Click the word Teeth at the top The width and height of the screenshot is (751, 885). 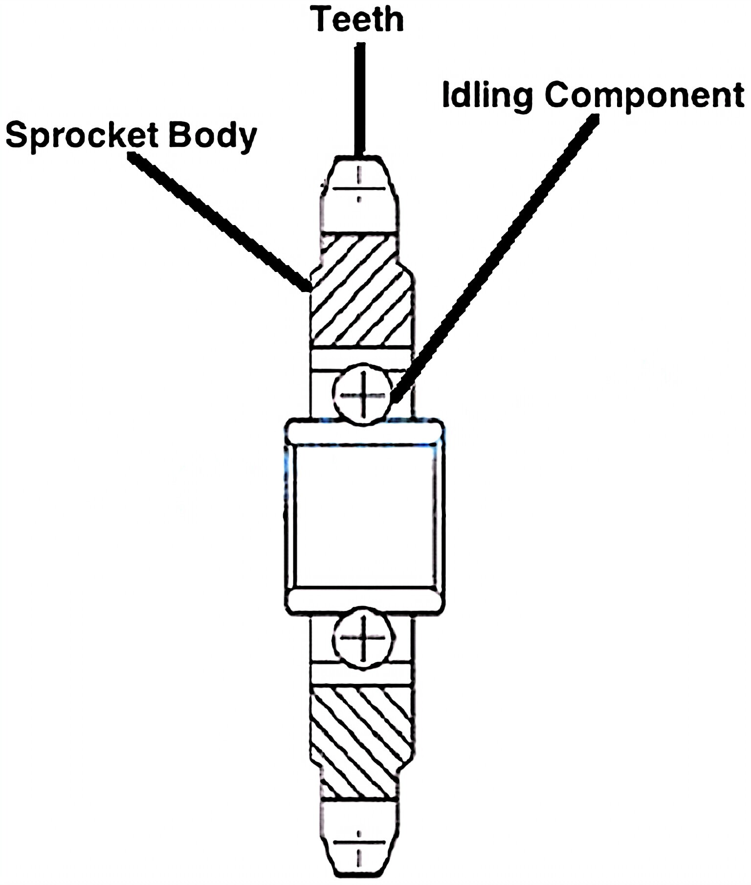[359, 20]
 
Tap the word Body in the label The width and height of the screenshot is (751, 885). [212, 136]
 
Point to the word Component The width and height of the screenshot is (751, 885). [644, 95]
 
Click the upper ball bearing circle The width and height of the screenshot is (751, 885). [362, 394]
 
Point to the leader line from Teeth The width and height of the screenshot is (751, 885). [360, 98]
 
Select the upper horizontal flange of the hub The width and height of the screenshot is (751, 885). [364, 431]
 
